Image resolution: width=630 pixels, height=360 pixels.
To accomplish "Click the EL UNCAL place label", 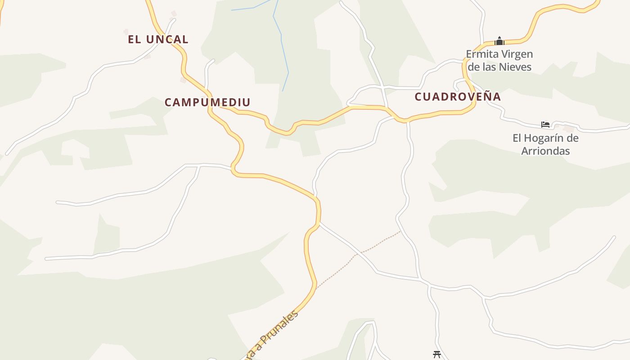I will point(158,40).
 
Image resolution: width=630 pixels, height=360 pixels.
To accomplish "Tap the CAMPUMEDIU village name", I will point(207,103).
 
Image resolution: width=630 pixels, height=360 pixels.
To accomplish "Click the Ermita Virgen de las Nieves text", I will point(499,61).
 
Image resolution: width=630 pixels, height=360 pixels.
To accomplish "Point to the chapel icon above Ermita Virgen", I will point(499,41).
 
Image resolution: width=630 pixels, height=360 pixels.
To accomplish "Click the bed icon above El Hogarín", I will point(545,125).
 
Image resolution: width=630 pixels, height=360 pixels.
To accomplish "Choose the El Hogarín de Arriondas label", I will point(545,144).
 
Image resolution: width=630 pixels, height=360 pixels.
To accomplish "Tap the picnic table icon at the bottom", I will point(436,354).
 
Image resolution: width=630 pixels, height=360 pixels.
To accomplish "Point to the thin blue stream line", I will point(282,45).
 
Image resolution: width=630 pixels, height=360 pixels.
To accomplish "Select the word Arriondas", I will point(545,151).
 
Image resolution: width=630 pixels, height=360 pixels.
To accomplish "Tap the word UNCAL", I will point(167,40).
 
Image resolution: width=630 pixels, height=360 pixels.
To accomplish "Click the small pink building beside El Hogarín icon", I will point(568,129).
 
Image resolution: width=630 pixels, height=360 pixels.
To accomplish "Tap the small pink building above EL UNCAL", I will point(174,14).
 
